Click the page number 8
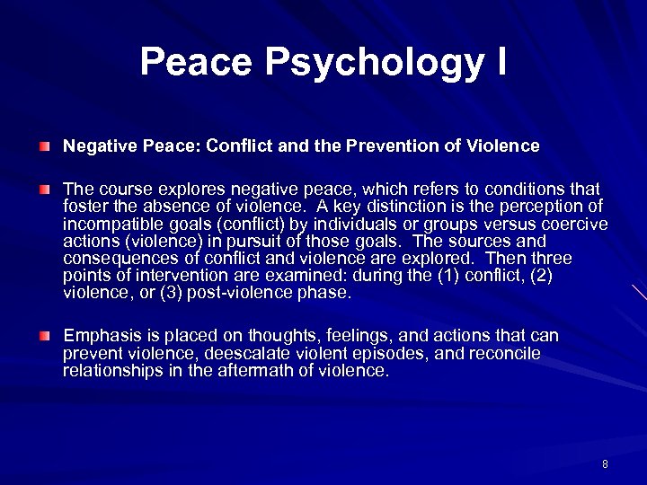605,464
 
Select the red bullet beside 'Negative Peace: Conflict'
45,145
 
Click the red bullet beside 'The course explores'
45,189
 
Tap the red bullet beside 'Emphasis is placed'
45,335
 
